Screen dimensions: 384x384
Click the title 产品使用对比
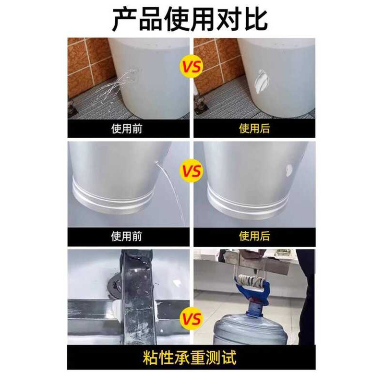(190, 20)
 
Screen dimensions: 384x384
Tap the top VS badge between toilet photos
(192, 67)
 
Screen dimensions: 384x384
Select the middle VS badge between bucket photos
(192, 171)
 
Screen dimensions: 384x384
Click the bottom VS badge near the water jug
(192, 319)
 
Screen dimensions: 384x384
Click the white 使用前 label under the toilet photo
(127, 129)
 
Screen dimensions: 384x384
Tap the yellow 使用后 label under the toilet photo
(254, 129)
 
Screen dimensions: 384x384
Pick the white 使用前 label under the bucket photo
(127, 236)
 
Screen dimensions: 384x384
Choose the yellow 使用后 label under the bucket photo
(254, 236)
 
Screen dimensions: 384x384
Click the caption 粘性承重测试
(190, 358)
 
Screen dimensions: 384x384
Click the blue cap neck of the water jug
(252, 307)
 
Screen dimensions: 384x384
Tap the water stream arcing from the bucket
(171, 191)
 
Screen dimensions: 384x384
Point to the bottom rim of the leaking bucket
(114, 198)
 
